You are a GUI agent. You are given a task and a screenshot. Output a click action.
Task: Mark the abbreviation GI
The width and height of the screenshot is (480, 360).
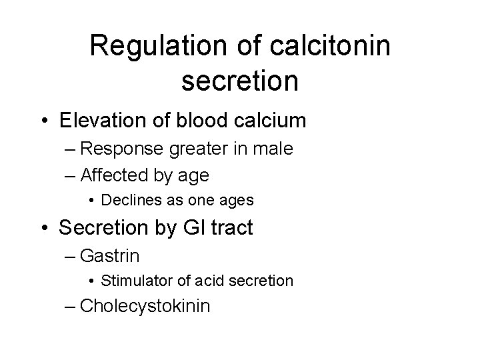(187, 228)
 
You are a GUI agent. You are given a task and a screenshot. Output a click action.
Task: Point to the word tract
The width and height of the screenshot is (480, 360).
(230, 228)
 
